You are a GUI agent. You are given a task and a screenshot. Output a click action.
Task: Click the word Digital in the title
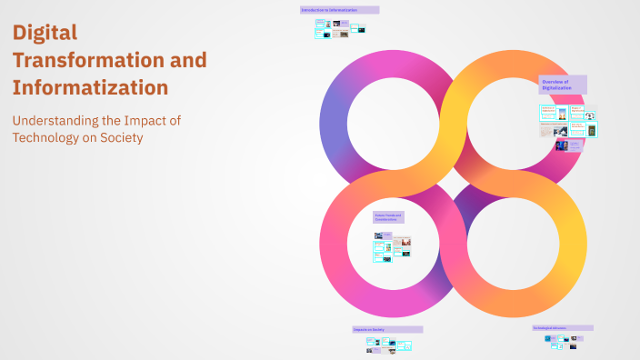(x=45, y=33)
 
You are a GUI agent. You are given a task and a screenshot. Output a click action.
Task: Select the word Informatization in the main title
(x=90, y=88)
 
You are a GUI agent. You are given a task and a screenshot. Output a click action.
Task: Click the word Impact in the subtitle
(x=155, y=120)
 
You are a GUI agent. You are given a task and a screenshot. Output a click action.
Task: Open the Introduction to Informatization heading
(x=339, y=10)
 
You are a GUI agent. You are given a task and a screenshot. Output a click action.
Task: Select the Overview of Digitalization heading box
(x=562, y=85)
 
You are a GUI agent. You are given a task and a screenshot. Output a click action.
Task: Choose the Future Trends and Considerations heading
(x=388, y=218)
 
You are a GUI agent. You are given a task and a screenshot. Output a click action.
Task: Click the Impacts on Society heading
(x=386, y=329)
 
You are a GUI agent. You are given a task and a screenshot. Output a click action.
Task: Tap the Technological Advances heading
(x=562, y=327)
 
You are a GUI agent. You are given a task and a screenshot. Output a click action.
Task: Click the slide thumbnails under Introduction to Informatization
(x=340, y=31)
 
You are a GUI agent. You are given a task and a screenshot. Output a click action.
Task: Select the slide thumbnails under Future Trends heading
(x=392, y=246)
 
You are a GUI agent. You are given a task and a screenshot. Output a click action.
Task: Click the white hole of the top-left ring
(x=395, y=124)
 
